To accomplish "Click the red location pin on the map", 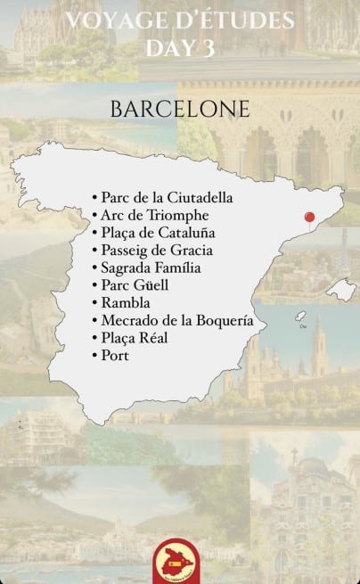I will tap(309, 217).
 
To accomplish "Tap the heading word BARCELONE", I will tap(181, 108).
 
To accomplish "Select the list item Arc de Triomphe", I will tap(155, 215).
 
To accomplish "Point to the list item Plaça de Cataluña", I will tap(158, 233).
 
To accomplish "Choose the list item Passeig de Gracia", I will tap(157, 250).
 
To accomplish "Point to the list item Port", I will tap(115, 355).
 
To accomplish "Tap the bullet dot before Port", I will tap(95, 356).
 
